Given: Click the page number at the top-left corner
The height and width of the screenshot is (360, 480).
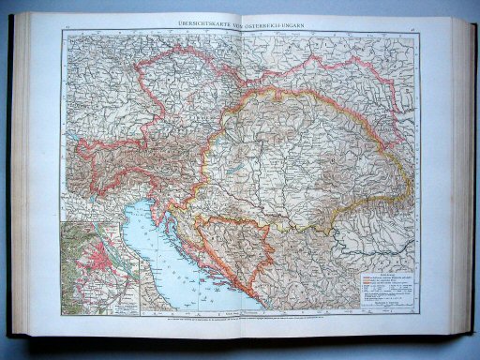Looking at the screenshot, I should pos(67,29).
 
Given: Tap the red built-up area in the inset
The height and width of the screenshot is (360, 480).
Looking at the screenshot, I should pos(102,266).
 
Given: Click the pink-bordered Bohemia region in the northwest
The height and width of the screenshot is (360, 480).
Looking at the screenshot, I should pos(169,80).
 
